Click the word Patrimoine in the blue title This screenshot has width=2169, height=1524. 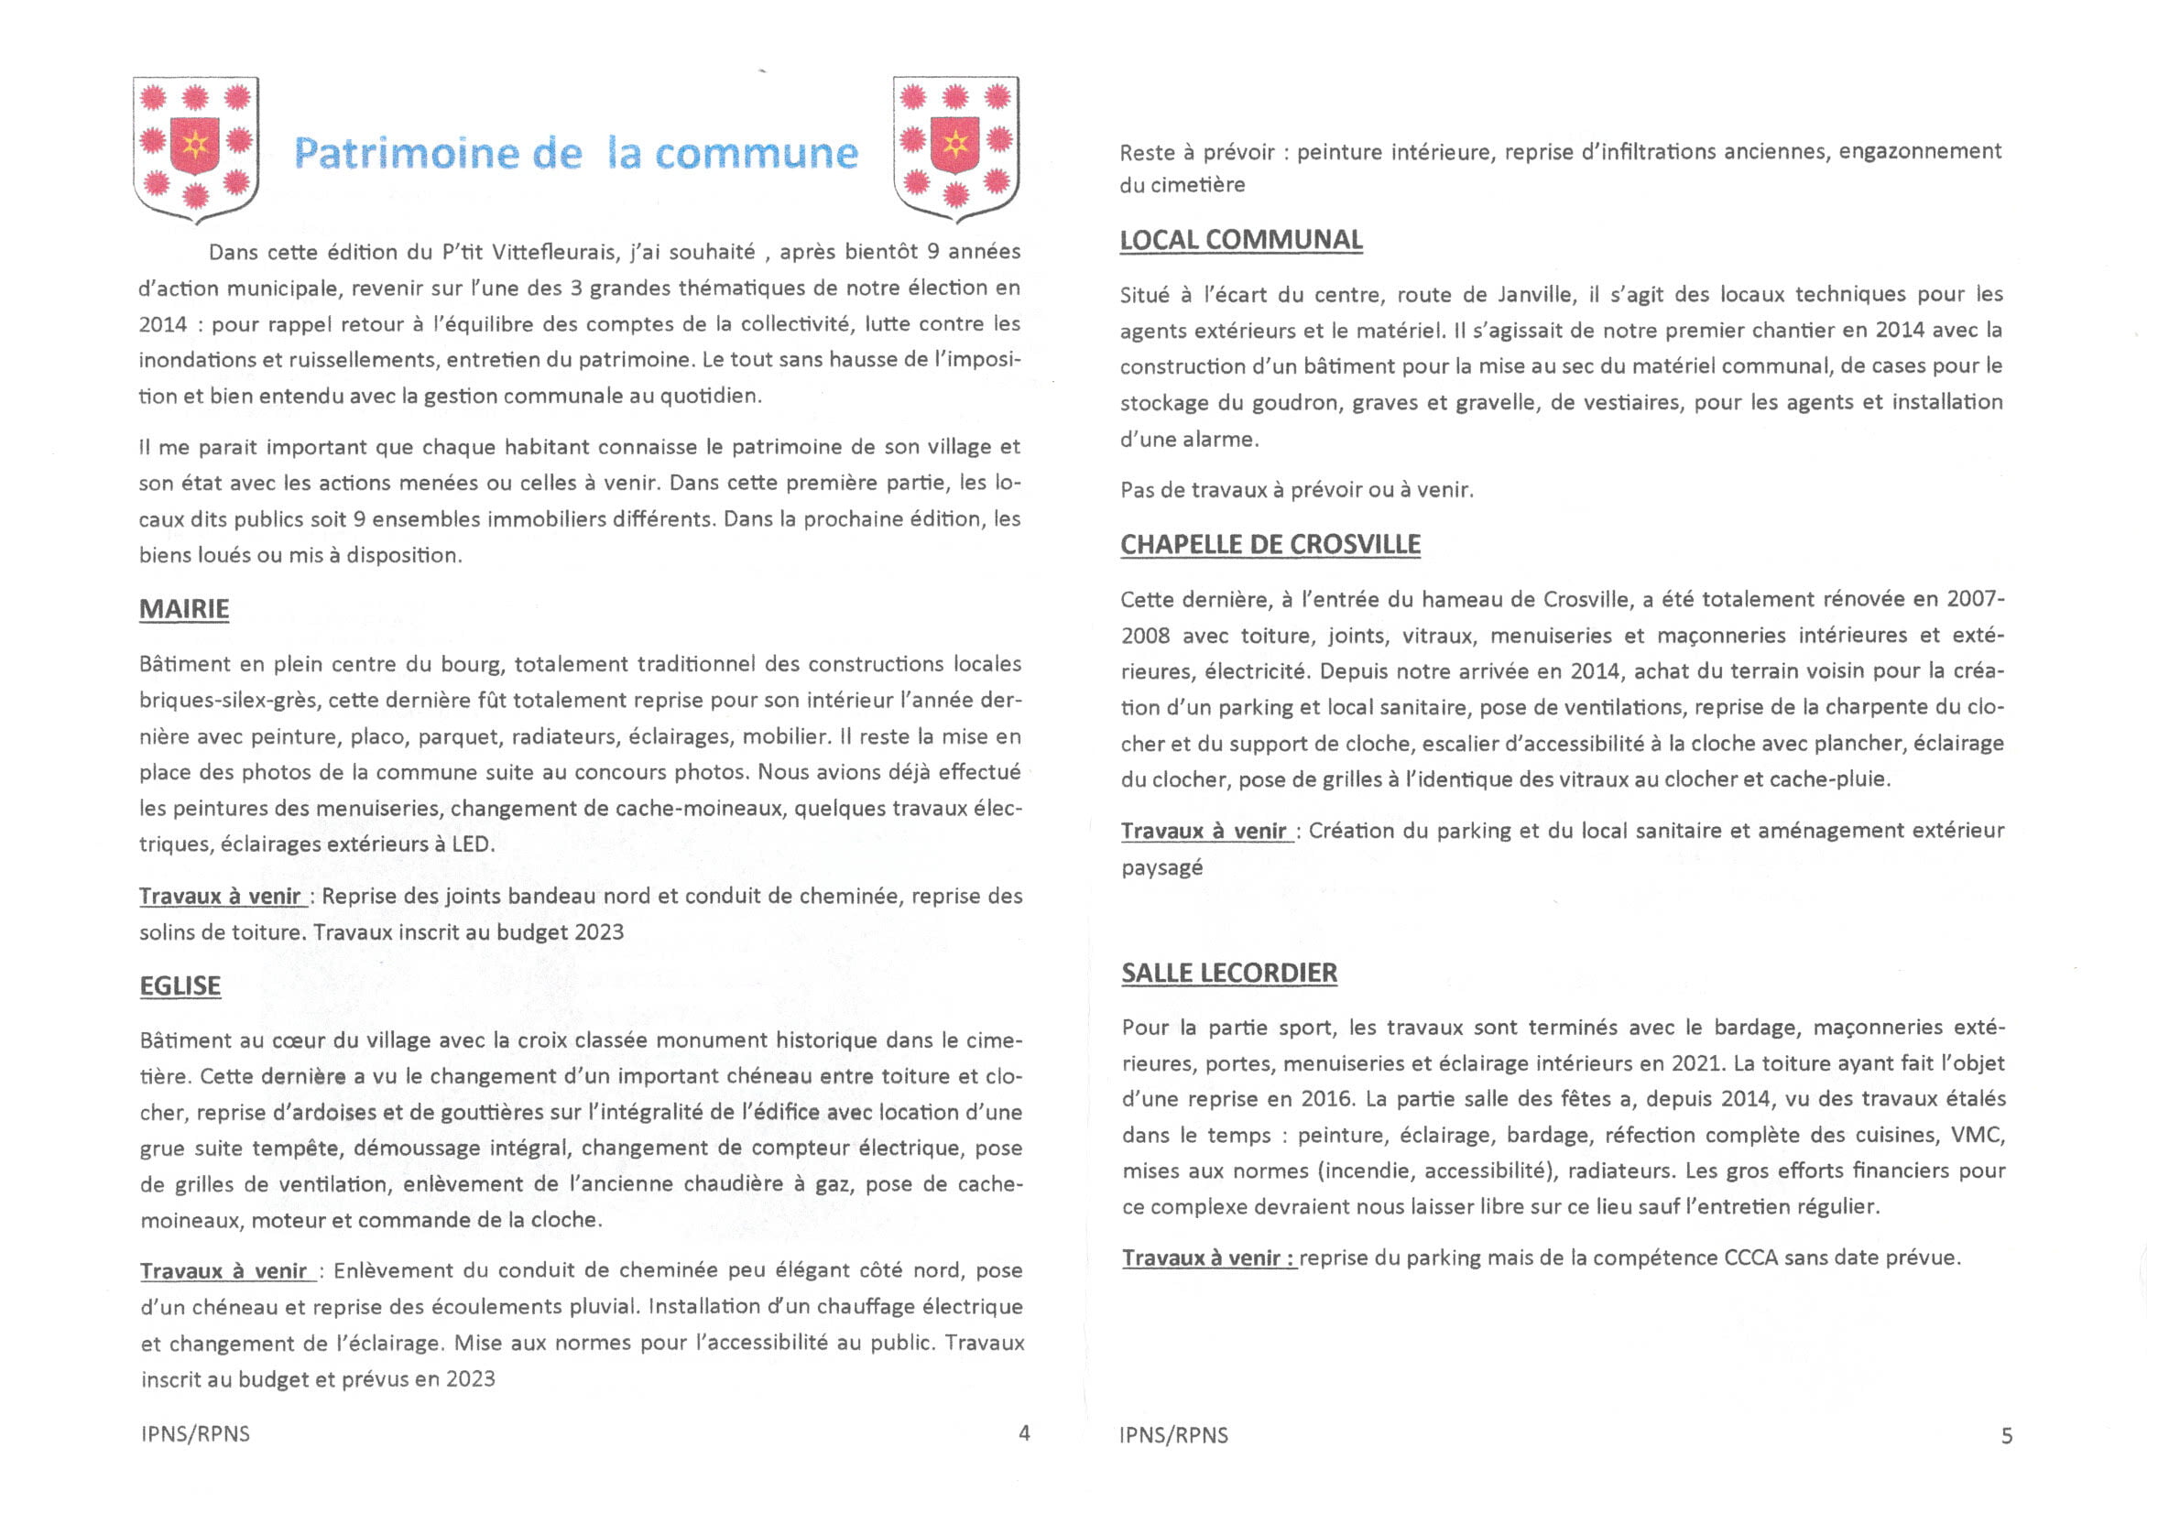[x=406, y=153]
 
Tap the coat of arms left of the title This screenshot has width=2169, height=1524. [x=195, y=148]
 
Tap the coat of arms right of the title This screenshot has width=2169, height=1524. [x=955, y=148]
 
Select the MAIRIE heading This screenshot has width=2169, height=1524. [x=184, y=609]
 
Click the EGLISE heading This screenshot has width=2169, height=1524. [x=180, y=986]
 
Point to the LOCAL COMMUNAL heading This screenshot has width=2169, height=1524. [x=1240, y=240]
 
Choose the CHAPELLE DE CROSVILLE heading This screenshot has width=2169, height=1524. [x=1270, y=545]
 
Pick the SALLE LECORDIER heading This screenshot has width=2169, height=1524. [x=1229, y=974]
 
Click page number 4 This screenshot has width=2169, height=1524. [x=1024, y=1433]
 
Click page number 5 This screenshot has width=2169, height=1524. [x=2007, y=1436]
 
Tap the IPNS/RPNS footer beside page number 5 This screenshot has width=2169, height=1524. [x=1173, y=1435]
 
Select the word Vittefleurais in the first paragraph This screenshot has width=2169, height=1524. [x=555, y=252]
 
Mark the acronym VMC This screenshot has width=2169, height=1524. [x=1979, y=1135]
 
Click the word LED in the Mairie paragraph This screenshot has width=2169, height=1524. [x=472, y=844]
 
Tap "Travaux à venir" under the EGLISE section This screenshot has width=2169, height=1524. [x=223, y=1272]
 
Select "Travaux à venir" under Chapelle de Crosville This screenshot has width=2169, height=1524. [x=1204, y=832]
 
